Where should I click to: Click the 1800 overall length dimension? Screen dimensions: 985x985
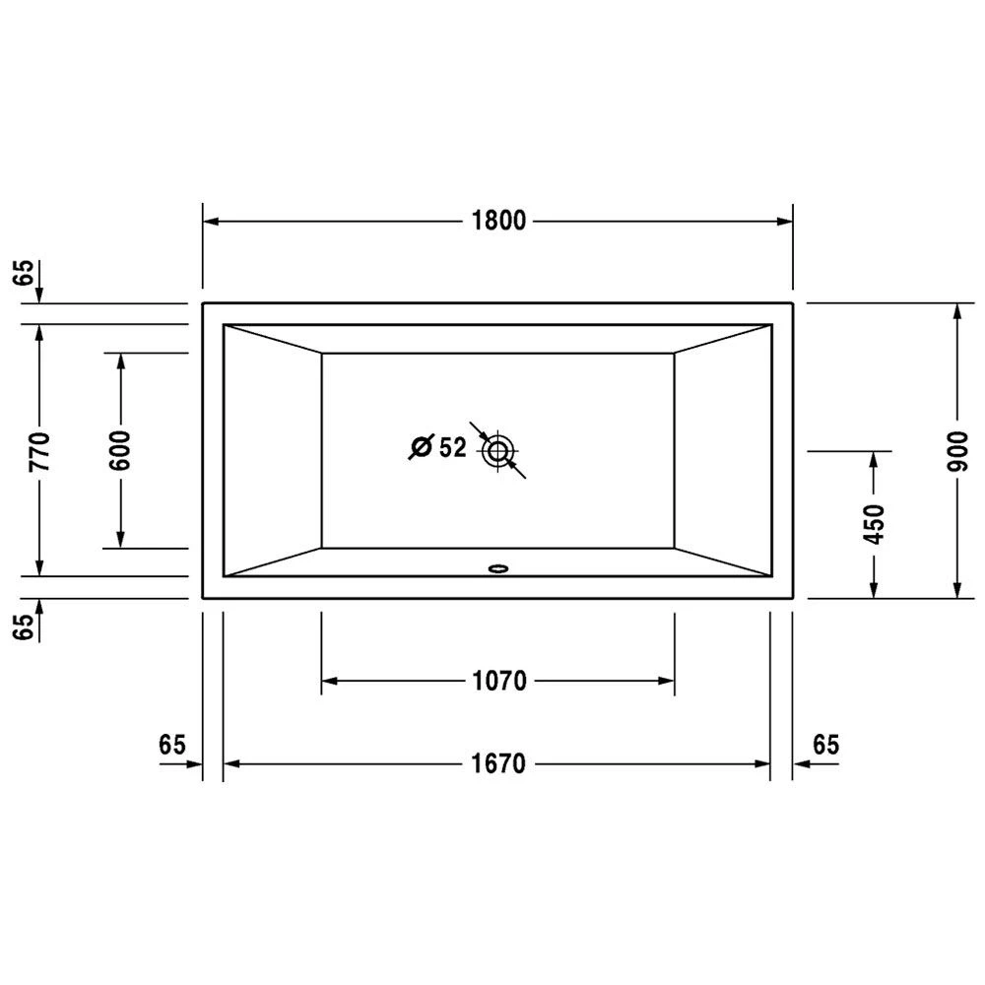click(498, 221)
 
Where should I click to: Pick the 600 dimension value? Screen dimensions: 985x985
click(122, 450)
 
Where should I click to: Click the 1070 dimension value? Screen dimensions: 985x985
click(498, 681)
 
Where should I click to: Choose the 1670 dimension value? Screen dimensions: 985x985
click(498, 763)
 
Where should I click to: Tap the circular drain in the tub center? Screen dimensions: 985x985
click(497, 452)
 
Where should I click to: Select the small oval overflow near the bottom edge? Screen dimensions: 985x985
click(498, 567)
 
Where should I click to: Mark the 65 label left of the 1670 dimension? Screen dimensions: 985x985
click(171, 745)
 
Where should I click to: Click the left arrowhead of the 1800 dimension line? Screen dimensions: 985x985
click(210, 221)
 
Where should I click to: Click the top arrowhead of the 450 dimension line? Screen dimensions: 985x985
click(874, 458)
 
